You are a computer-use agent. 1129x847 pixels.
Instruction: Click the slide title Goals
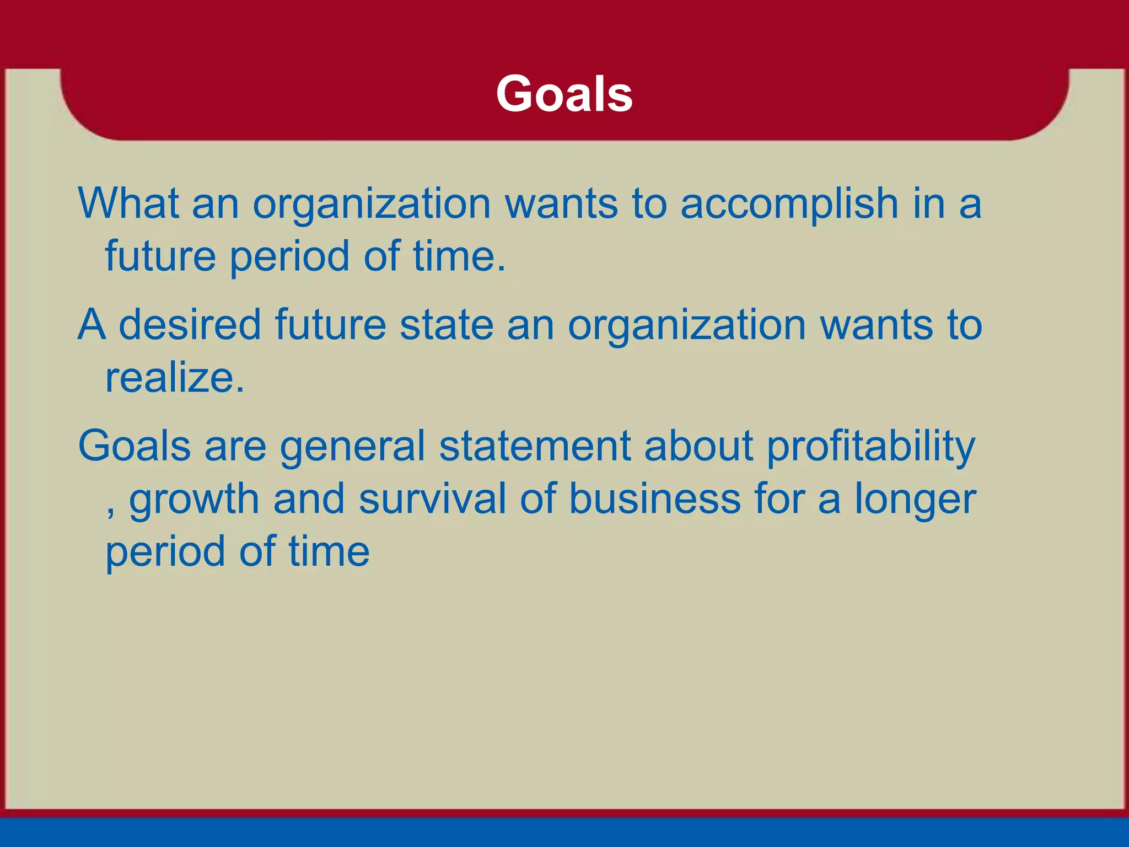(564, 94)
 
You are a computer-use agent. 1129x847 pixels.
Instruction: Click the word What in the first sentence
(128, 203)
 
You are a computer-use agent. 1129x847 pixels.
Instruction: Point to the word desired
(190, 324)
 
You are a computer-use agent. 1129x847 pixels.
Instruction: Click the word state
(446, 324)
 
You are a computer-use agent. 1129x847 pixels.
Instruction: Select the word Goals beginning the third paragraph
(134, 446)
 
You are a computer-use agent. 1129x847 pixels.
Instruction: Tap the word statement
(534, 446)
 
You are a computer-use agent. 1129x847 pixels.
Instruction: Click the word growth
(194, 500)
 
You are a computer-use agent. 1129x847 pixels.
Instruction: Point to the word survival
(432, 498)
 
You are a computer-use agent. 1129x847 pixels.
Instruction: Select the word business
(654, 498)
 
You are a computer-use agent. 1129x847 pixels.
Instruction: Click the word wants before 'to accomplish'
(561, 204)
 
